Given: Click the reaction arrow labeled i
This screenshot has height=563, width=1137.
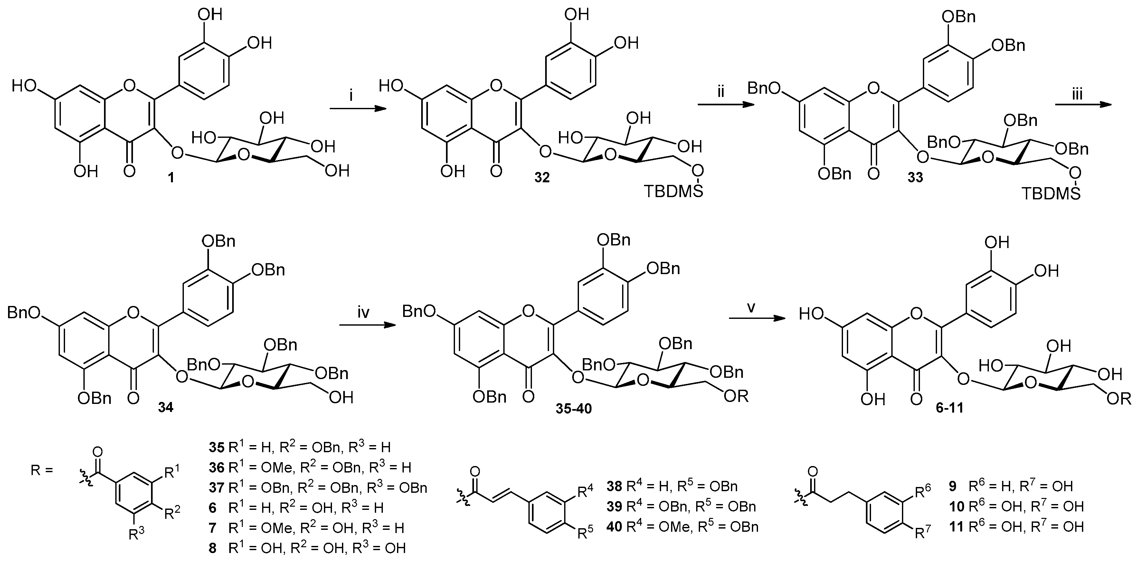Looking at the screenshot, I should click(355, 109).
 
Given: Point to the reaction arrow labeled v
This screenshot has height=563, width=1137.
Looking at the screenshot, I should click(753, 330).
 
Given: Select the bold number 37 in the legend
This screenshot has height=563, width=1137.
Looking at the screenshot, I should click(217, 488).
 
